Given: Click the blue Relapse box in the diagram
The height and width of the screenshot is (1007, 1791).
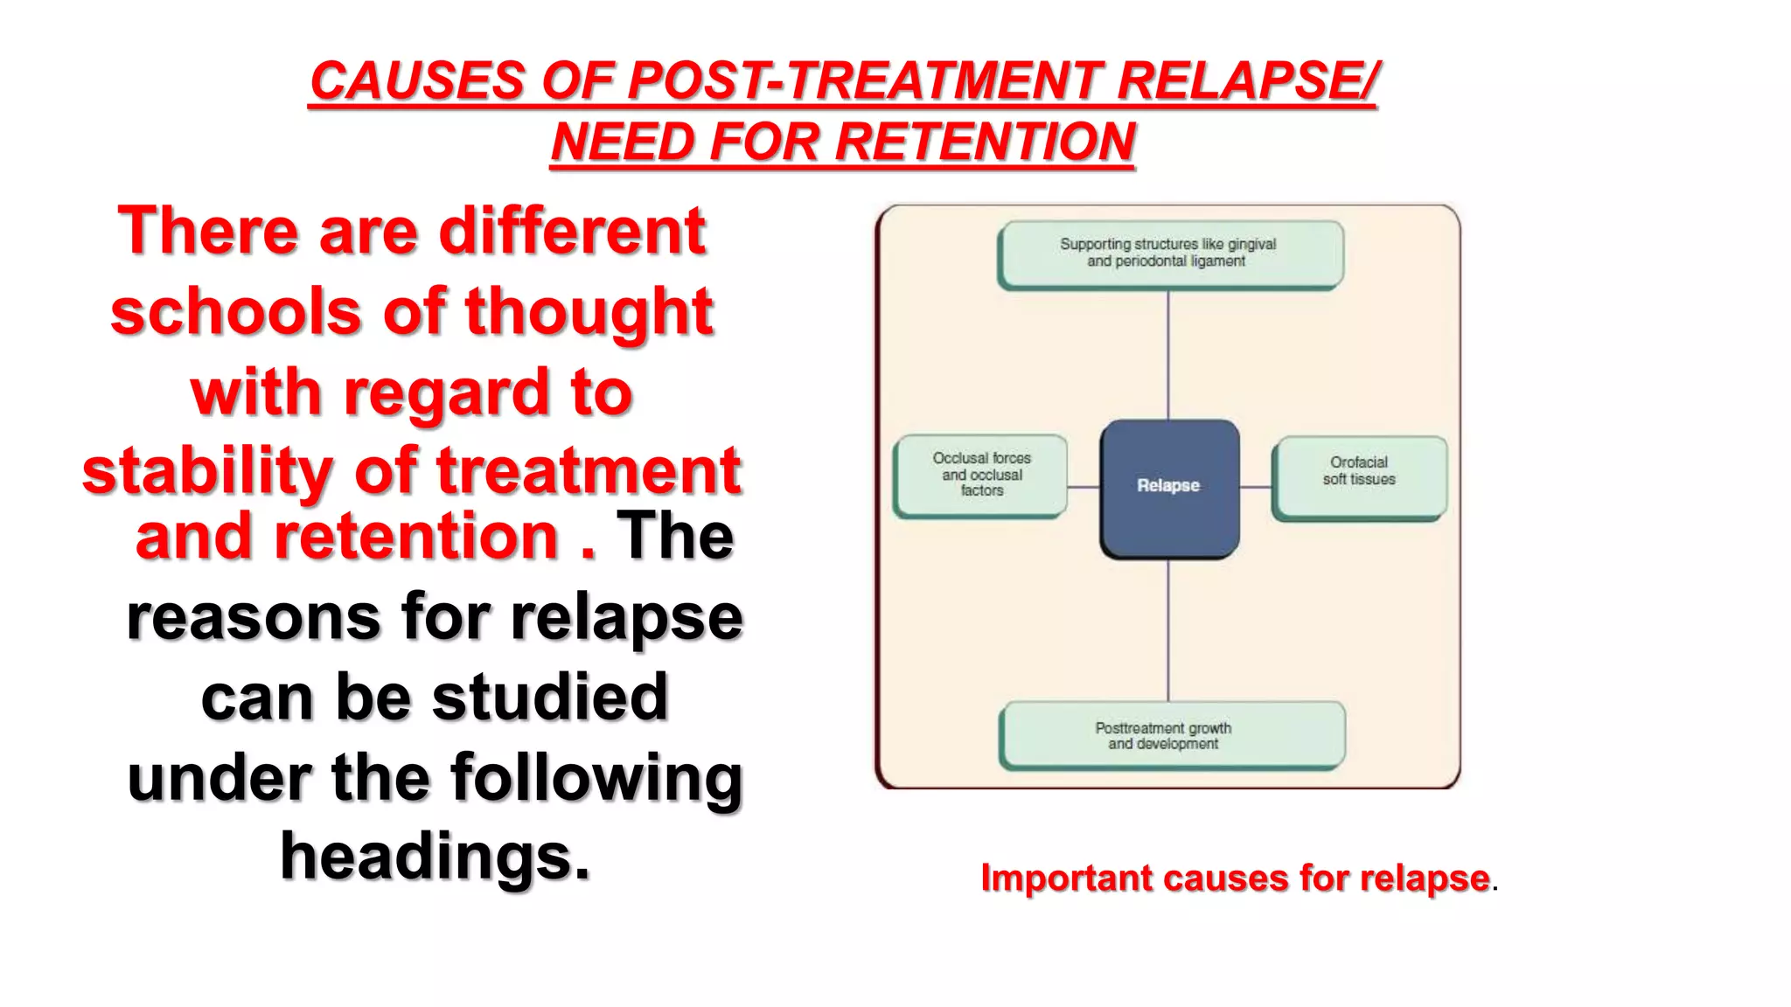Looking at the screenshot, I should [x=1168, y=488].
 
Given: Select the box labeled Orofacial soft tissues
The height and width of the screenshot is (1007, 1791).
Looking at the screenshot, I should [x=1358, y=476].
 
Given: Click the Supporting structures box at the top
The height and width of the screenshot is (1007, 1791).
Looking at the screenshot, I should [x=1168, y=253].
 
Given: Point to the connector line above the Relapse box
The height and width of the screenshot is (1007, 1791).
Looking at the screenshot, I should [x=1168, y=354].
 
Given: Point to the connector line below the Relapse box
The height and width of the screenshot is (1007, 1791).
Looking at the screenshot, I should [x=1168, y=629].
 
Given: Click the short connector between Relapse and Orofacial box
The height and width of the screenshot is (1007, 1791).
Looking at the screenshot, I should [x=1256, y=487].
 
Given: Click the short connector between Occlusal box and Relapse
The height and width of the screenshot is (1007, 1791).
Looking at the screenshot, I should [x=1084, y=487].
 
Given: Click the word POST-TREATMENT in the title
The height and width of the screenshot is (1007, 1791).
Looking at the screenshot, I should [x=866, y=81].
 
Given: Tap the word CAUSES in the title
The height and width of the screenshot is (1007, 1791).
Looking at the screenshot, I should [x=417, y=81].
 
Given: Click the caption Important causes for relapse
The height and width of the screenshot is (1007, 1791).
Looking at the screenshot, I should [x=1235, y=878].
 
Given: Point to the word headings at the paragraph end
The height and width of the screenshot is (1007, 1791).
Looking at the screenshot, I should [x=435, y=857].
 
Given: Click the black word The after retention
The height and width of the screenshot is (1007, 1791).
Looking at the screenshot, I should [x=674, y=536].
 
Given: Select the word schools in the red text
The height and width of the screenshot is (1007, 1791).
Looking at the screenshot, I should [x=235, y=312].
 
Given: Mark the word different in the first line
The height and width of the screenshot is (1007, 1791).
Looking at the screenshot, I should [x=571, y=232].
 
